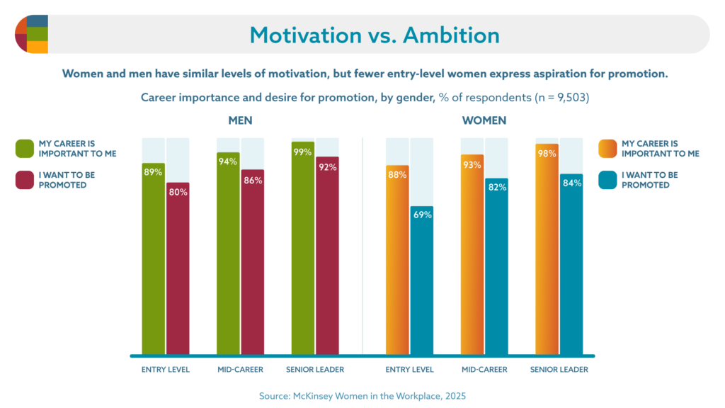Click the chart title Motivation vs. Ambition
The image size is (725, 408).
tap(374, 35)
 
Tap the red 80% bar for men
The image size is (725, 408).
tap(178, 269)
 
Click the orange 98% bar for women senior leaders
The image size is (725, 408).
tap(547, 248)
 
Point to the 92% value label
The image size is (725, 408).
tap(328, 167)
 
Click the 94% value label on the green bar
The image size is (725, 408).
tap(228, 161)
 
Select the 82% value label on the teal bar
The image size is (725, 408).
tap(496, 187)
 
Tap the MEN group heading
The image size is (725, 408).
tap(240, 120)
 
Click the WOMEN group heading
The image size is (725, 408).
tap(484, 120)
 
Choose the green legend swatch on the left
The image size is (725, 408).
tap(25, 149)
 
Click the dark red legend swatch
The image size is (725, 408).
tap(25, 180)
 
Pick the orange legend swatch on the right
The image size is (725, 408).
tap(607, 149)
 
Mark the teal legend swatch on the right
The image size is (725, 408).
tap(607, 180)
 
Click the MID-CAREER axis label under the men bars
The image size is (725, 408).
tap(240, 370)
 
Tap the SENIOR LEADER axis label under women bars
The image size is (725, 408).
tap(559, 370)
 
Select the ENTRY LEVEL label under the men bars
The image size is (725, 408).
tap(166, 370)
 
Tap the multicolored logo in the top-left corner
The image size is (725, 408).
tap(32, 34)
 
